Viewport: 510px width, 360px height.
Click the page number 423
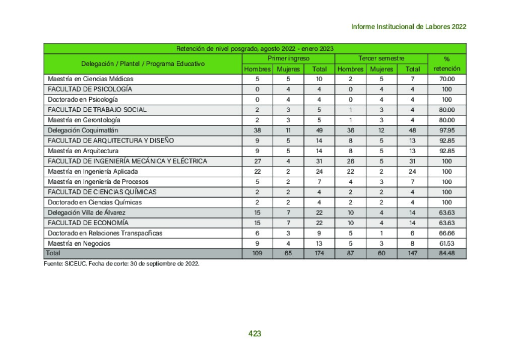[x=254, y=333]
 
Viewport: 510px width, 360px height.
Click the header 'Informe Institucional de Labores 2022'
[x=408, y=27]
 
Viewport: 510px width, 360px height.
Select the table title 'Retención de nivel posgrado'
[x=254, y=48]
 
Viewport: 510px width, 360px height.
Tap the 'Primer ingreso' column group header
[x=288, y=59]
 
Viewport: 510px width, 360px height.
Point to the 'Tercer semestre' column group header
[x=381, y=59]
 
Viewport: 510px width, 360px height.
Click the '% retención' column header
[x=447, y=64]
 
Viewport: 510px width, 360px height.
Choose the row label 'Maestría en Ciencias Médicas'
[x=91, y=79]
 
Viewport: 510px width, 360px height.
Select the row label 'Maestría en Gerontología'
[x=84, y=120]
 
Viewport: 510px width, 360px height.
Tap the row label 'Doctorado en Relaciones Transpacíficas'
[x=105, y=233]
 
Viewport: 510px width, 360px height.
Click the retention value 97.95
[x=447, y=130]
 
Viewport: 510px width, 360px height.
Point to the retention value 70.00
[x=447, y=79]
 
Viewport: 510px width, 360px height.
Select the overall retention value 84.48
[x=447, y=253]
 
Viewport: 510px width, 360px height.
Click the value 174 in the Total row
[x=319, y=253]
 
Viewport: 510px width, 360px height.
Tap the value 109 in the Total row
[x=258, y=253]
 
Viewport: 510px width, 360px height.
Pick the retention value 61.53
[x=447, y=244]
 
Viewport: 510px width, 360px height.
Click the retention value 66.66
[x=447, y=233]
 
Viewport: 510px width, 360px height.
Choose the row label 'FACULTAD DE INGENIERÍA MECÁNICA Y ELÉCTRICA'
[x=127, y=161]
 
